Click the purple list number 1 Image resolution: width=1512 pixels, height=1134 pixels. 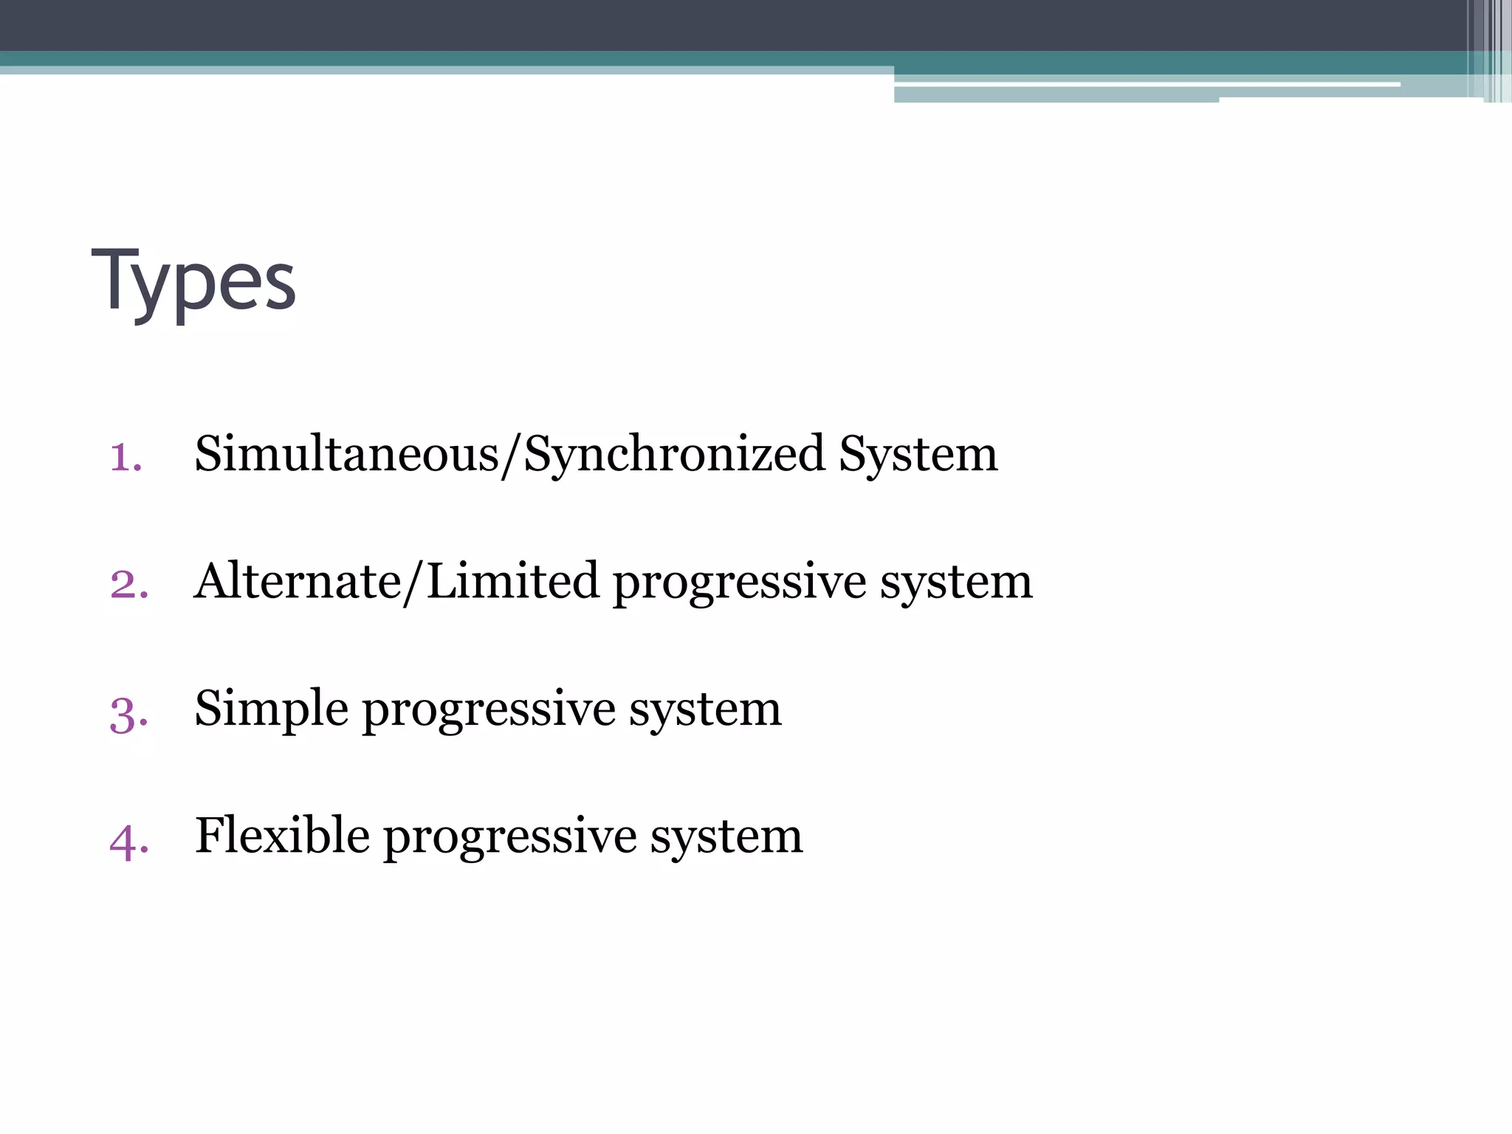point(125,456)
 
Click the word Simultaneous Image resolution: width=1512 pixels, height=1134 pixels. point(347,453)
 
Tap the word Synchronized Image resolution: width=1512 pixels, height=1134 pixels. point(674,455)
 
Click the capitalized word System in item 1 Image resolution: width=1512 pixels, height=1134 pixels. point(918,455)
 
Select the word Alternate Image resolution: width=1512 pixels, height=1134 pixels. point(298,581)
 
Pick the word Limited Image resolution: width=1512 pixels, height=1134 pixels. point(512,581)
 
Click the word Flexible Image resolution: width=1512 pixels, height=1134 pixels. point(282,836)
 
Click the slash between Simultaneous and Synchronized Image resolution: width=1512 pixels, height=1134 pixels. point(511,456)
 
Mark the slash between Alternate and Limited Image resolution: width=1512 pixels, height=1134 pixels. point(413,583)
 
